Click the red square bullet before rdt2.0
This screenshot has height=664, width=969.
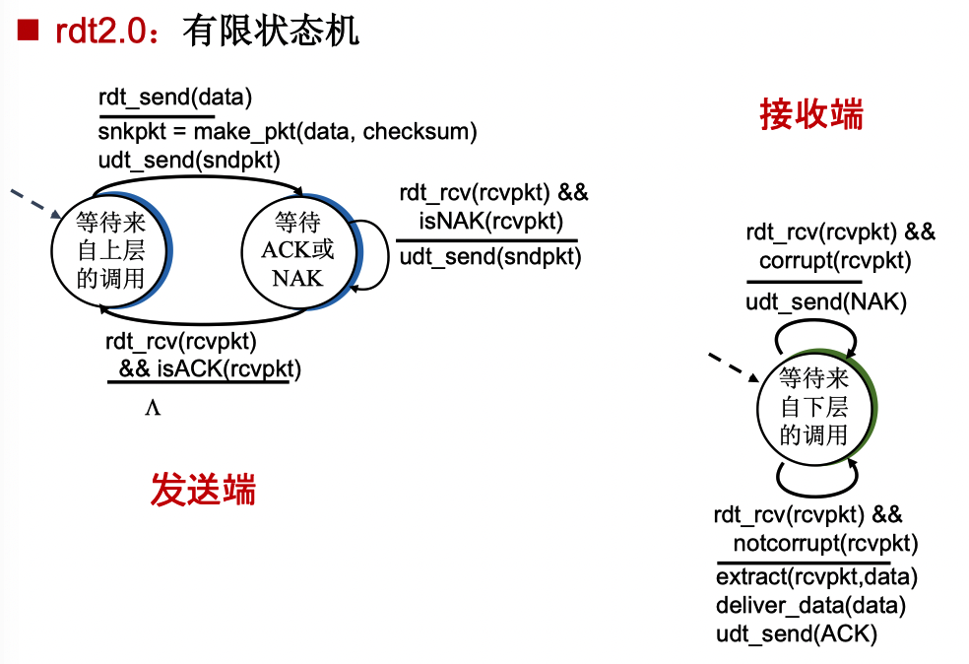27,31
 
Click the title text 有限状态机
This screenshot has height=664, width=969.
271,31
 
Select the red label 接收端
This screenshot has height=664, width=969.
810,114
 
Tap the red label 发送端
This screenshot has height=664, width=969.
203,489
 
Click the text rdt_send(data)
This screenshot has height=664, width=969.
175,98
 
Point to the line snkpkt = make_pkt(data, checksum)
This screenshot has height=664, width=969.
288,131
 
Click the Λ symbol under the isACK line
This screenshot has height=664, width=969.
153,407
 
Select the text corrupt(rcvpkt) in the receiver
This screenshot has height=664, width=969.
835,261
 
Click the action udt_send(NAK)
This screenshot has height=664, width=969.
825,302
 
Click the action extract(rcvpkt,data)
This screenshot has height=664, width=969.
816,575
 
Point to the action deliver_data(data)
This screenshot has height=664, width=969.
810,605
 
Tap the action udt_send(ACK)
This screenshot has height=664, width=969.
796,634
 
